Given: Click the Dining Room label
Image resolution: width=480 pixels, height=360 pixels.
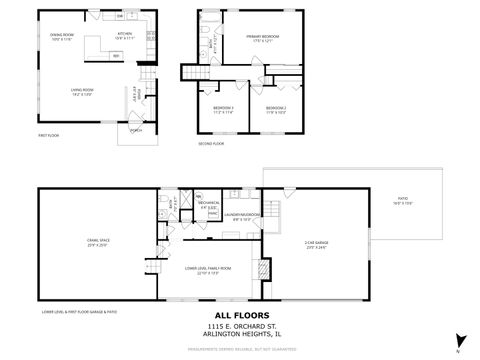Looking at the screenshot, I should coord(63,36).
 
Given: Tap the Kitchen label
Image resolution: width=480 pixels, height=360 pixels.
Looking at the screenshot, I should coord(124,36).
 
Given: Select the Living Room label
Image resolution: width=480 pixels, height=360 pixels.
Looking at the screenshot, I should coord(82,93).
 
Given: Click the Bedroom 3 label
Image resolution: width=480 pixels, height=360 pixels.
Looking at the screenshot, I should coord(224,109).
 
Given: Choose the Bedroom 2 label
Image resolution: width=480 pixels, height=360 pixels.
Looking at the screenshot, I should coord(276,109).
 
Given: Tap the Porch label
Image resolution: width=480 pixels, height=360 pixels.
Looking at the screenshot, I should coord(136,129).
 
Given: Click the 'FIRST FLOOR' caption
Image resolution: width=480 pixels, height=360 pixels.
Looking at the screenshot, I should coord(50,134).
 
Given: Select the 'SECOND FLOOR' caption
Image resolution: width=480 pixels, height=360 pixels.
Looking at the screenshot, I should coord(211,144).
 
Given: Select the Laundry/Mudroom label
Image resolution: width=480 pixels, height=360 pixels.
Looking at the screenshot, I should coord(242,216).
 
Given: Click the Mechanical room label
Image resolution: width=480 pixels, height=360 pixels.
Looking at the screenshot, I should coord(208,204).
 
